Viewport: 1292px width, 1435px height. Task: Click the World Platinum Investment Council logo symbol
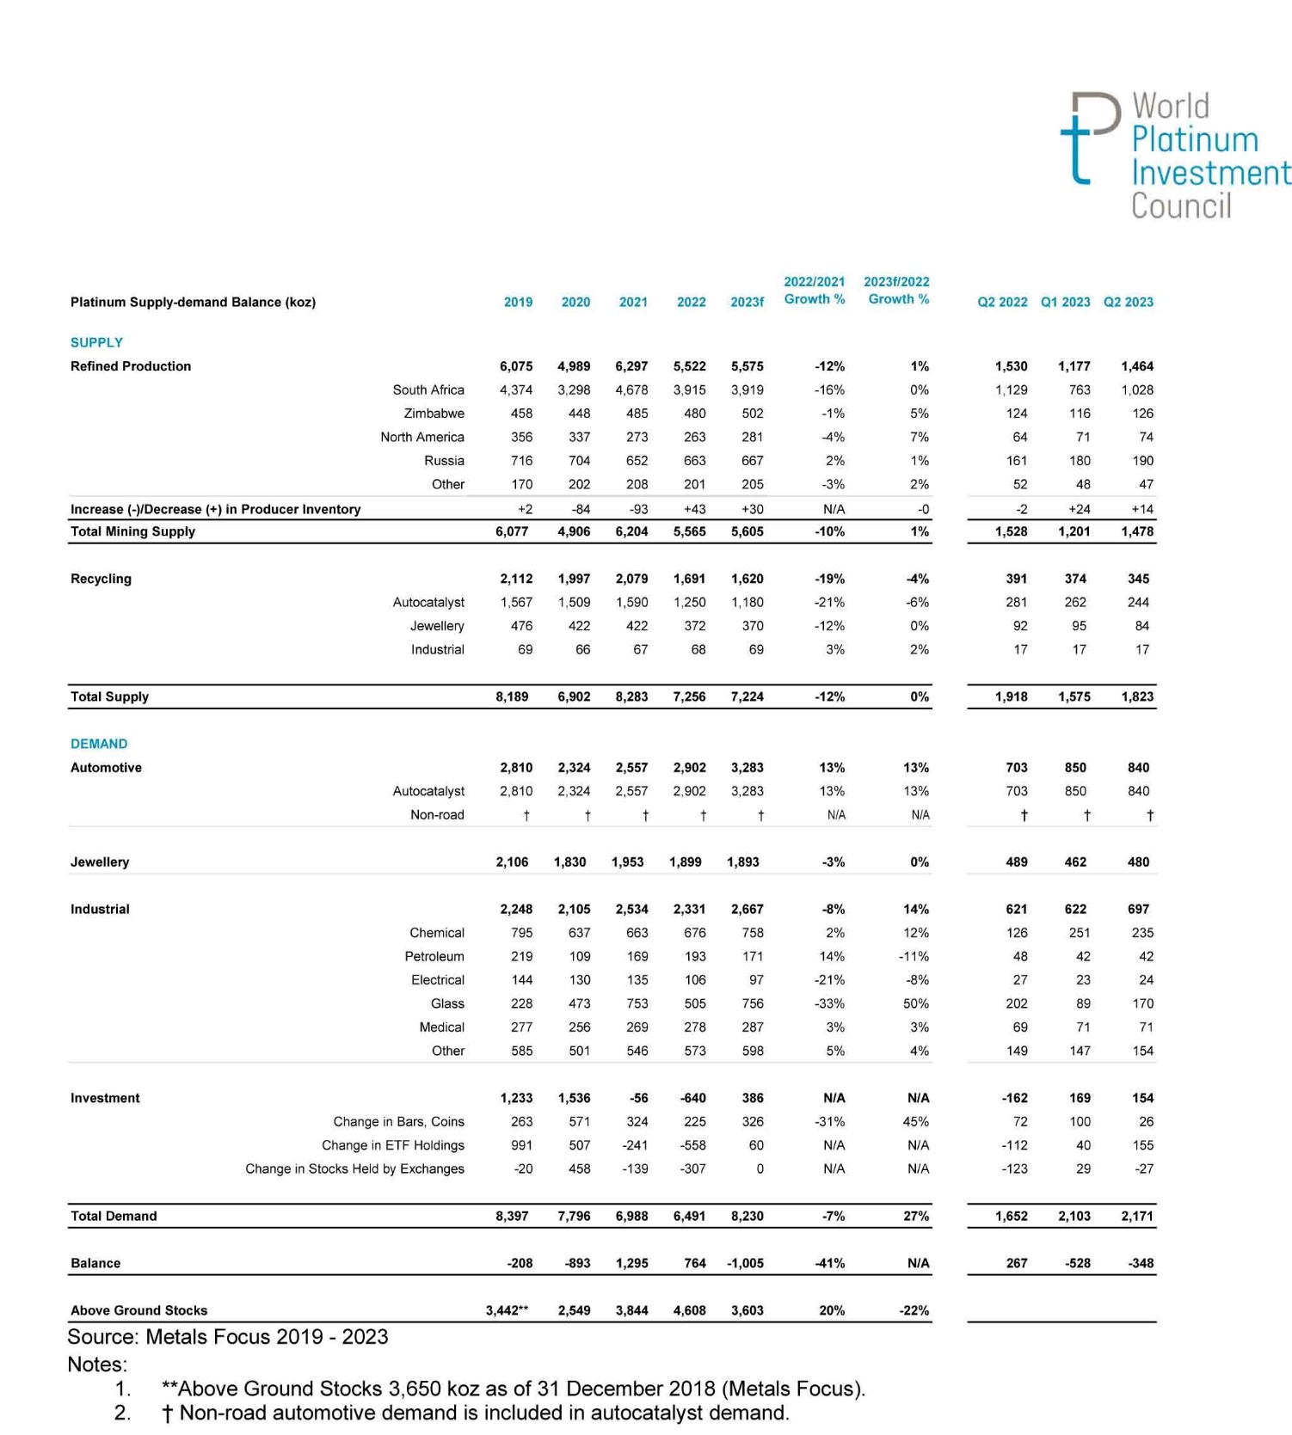click(x=1090, y=138)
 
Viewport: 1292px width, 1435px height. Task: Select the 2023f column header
click(x=747, y=302)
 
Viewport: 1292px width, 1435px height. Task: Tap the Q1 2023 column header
click(x=1065, y=302)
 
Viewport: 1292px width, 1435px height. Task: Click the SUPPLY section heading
click(x=96, y=342)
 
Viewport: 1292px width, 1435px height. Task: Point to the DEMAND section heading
click(x=99, y=744)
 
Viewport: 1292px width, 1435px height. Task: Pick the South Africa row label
click(x=428, y=389)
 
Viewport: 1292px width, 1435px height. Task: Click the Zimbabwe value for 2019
click(x=521, y=414)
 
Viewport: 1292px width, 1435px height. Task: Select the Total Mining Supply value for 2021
click(x=631, y=531)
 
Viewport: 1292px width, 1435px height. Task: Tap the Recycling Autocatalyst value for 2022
click(x=689, y=603)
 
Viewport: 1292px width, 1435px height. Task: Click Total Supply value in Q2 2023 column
click(x=1137, y=696)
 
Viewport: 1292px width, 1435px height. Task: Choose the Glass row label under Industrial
click(x=447, y=1003)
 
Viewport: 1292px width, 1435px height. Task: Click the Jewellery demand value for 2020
click(x=570, y=862)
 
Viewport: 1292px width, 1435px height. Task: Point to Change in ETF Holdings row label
click(x=392, y=1145)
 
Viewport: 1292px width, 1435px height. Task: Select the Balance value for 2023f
click(x=745, y=1263)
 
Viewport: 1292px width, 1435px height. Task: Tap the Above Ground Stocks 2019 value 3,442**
click(x=507, y=1310)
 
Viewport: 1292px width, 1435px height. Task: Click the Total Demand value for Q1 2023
click(x=1074, y=1216)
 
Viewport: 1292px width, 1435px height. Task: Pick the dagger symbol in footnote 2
click(x=168, y=1414)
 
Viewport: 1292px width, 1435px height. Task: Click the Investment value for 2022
click(x=692, y=1098)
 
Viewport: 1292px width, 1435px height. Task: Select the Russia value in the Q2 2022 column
click(x=1017, y=461)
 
